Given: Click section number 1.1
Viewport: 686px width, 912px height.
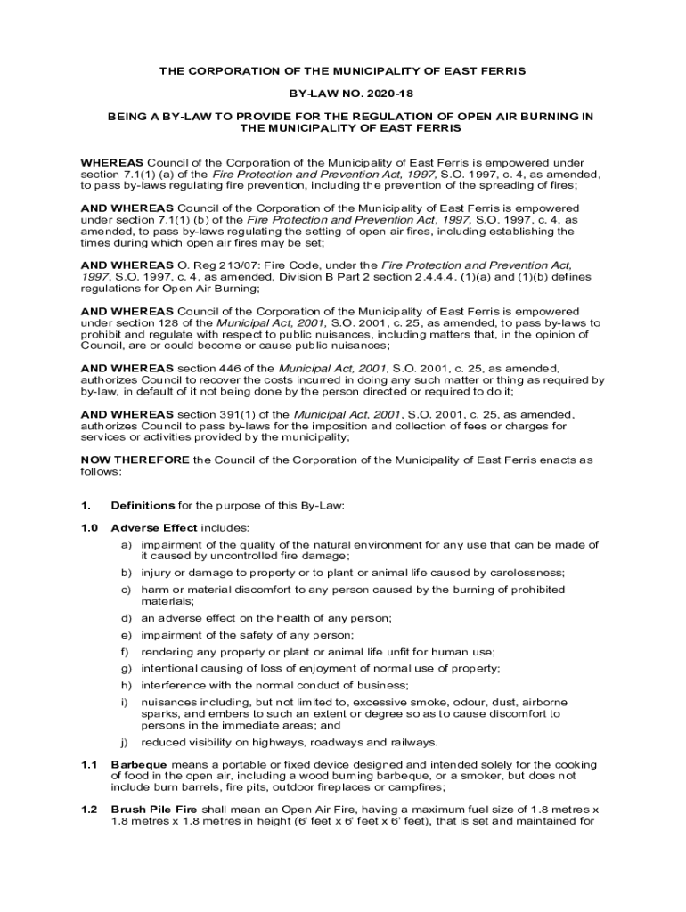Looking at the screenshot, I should [87, 765].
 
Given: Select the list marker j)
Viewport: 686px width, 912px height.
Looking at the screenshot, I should [127, 742].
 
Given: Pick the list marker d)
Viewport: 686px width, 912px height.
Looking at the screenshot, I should [127, 618].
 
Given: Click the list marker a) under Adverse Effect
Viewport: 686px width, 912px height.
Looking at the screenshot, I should [127, 544].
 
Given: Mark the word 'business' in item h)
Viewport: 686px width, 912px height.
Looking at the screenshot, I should [383, 685].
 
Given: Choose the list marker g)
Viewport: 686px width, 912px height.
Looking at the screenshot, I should [127, 668].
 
